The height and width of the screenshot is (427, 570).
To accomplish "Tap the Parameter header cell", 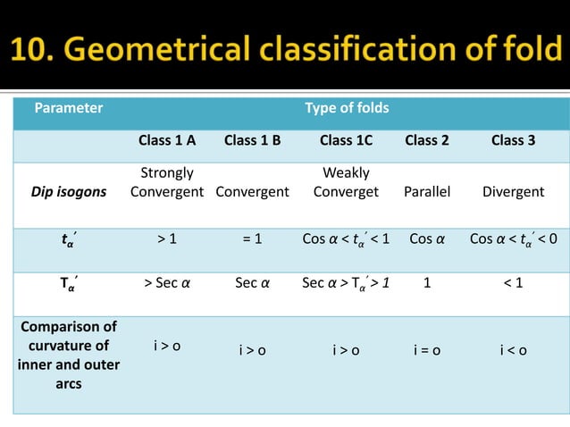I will [69, 109].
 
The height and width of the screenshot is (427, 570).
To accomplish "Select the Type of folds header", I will [347, 109].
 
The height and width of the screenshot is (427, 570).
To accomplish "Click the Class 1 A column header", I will [167, 140].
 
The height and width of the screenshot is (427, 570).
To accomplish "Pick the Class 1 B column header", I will [253, 140].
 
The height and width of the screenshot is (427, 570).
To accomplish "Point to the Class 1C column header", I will [346, 140].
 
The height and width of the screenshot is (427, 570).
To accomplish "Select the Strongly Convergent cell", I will [167, 182].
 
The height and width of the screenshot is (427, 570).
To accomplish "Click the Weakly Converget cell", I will [346, 182].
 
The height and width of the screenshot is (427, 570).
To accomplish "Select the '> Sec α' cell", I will [167, 285].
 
